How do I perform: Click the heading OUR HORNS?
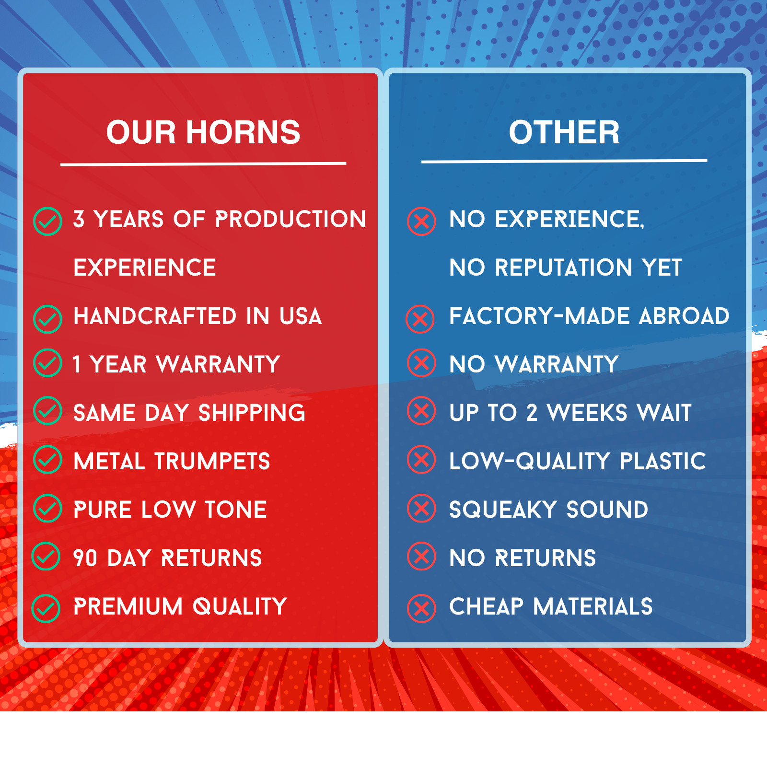203,132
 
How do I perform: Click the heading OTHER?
564,132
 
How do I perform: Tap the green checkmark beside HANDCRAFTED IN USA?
47,319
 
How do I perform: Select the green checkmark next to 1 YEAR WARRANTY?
47,363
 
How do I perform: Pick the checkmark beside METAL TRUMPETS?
47,459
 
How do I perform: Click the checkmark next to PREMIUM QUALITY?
46,608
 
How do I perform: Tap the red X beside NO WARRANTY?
421,363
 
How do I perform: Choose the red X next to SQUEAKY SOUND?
421,508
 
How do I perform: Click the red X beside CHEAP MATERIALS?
421,608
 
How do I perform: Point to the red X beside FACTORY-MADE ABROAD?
420,319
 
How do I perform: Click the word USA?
301,316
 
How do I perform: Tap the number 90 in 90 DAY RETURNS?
85,558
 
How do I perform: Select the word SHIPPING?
252,413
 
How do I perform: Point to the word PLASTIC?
662,462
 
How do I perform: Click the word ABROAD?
684,316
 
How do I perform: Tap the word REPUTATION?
563,267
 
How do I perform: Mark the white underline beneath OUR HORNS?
203,164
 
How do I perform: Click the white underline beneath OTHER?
564,161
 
